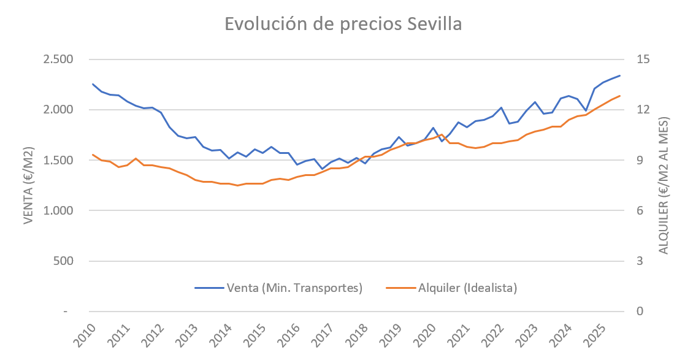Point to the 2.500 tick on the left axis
[x=56, y=59]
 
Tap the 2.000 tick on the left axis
[x=56, y=110]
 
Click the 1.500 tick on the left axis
[x=56, y=160]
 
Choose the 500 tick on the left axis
[x=61, y=261]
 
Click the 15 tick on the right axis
[x=643, y=59]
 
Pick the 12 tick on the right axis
[x=643, y=110]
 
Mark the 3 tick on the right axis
[x=640, y=261]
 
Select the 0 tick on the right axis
[x=640, y=311]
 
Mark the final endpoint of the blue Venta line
[x=620, y=75]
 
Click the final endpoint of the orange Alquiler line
[x=620, y=96]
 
